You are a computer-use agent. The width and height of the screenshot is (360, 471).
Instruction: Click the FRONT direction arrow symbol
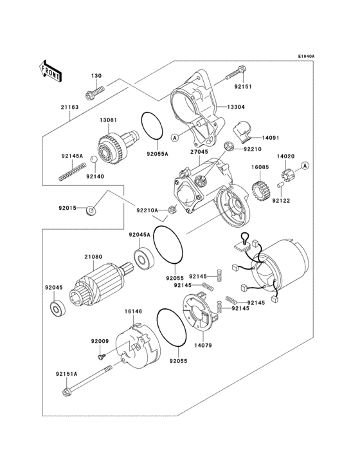coord(51,70)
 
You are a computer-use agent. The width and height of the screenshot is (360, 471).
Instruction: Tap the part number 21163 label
coord(70,107)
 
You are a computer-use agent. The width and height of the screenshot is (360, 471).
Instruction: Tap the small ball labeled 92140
coord(94,159)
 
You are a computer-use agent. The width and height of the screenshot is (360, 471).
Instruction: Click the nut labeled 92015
coord(93,210)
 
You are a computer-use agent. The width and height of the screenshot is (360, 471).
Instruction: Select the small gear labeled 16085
coord(258,191)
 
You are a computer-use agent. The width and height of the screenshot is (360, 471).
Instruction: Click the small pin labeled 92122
coord(280,186)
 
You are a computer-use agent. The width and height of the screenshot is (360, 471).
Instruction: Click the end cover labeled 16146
coord(138,348)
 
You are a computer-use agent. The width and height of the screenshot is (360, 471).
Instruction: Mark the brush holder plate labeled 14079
coord(199,315)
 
